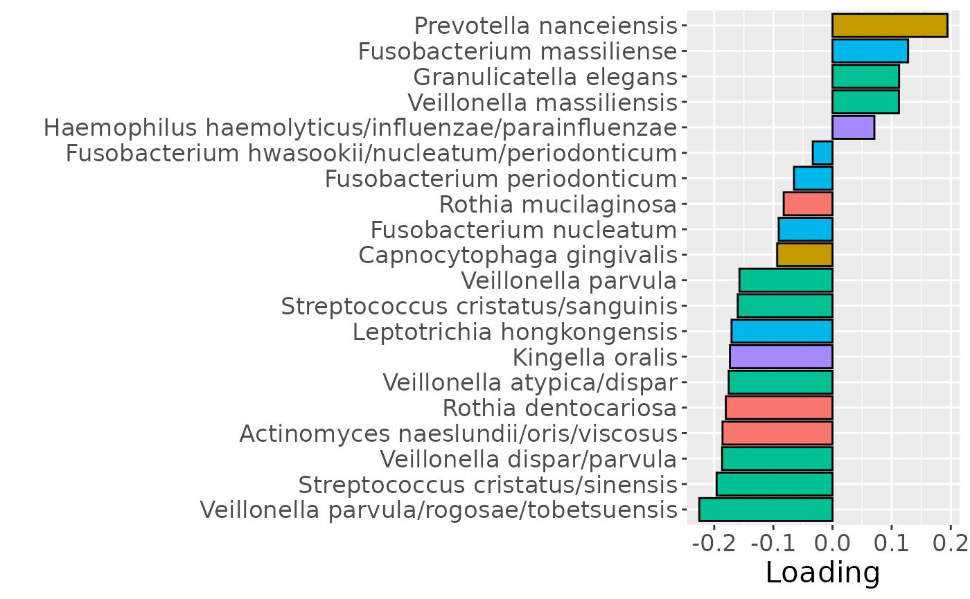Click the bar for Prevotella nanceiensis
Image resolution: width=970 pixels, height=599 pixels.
tap(889, 26)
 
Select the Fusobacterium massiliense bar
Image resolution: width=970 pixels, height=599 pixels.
tap(870, 51)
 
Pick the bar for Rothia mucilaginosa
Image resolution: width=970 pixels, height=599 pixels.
tap(807, 204)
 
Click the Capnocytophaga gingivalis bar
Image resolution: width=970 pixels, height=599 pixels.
tap(804, 255)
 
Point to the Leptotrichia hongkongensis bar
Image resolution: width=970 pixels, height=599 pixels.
tap(781, 331)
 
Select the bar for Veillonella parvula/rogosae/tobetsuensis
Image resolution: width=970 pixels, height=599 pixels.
tap(765, 510)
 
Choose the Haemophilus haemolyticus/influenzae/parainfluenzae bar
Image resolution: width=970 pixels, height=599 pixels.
tap(853, 127)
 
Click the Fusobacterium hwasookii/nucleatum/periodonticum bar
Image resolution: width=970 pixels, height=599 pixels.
tap(822, 153)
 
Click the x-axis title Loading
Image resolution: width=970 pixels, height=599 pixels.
tap(822, 573)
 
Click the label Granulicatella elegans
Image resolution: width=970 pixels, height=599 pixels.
tap(544, 77)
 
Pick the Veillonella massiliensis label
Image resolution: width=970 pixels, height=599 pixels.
tap(541, 102)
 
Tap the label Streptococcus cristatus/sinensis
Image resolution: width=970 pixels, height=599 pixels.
tap(486, 484)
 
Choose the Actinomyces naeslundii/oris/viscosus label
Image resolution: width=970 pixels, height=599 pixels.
tap(457, 433)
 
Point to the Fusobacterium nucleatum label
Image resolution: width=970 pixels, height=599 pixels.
tap(523, 229)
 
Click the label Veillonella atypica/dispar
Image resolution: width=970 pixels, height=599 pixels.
tap(529, 382)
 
